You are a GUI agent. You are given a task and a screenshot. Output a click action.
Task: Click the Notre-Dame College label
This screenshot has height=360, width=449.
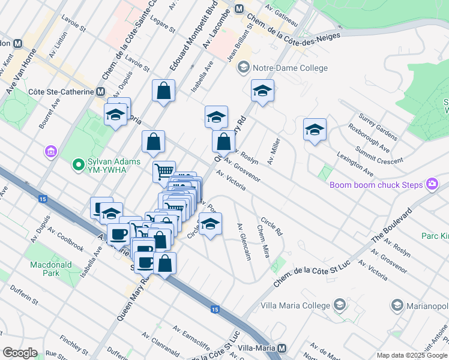[x=291, y=68]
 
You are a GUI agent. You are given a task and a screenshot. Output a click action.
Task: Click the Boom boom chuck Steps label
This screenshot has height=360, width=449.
[x=376, y=184]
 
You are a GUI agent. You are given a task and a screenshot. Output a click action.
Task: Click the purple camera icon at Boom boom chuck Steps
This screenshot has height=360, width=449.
[x=432, y=184]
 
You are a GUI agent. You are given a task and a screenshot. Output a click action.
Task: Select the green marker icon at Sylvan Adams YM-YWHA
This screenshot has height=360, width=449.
[x=77, y=163]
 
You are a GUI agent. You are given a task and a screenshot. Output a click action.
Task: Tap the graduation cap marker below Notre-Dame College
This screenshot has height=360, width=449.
[x=263, y=91]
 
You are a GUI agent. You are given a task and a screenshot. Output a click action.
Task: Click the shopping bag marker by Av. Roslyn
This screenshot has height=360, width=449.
[x=223, y=142]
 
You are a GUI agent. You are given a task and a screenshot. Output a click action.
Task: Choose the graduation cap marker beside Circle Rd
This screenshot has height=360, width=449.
[x=210, y=224]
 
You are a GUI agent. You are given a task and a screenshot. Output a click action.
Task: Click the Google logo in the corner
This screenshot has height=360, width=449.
[x=20, y=353]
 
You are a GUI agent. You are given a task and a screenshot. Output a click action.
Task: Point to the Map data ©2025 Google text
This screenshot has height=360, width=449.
[x=411, y=355]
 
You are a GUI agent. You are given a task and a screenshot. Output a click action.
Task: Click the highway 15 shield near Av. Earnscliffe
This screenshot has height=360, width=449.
[x=215, y=309]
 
